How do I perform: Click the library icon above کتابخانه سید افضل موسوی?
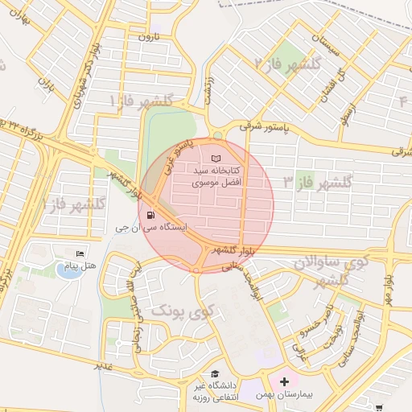[x=215, y=159]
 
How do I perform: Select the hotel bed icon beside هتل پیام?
[x=79, y=253]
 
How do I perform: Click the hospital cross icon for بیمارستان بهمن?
[x=283, y=380]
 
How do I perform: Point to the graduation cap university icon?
[x=215, y=373]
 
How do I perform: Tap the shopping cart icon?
[x=379, y=407]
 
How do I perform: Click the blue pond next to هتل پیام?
[x=70, y=270]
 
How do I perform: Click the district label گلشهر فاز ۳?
[x=318, y=183]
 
